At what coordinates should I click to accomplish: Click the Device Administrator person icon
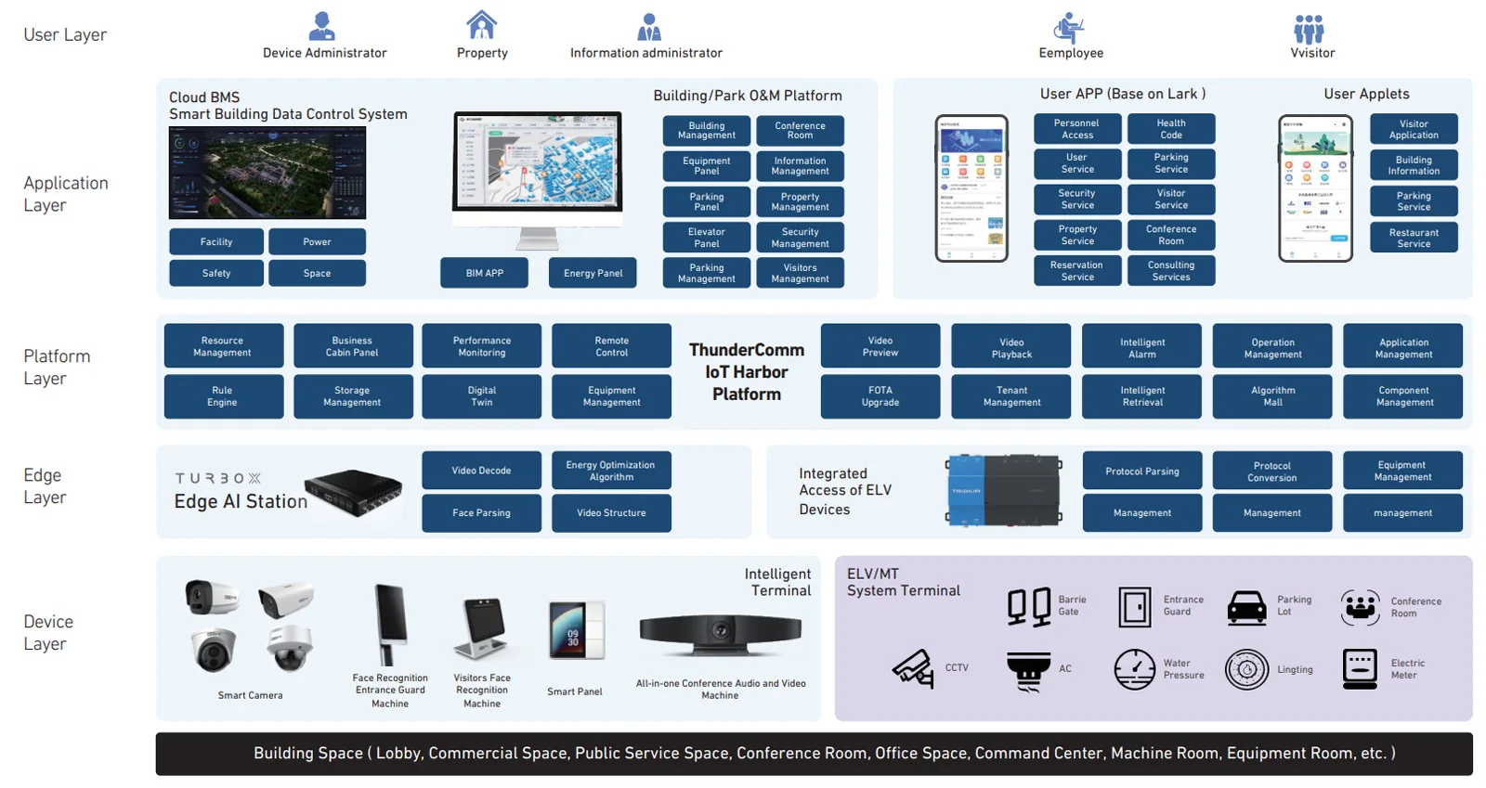point(321,26)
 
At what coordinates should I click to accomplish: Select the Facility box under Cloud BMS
point(216,241)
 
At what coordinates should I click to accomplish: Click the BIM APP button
point(484,273)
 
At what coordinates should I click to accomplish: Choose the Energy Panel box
point(593,273)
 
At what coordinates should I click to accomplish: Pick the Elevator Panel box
point(706,238)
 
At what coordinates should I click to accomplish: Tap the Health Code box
point(1170,129)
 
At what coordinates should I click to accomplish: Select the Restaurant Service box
point(1413,238)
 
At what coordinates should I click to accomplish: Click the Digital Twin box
point(481,396)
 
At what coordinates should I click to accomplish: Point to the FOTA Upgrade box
point(880,396)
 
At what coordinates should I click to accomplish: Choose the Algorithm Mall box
point(1271,396)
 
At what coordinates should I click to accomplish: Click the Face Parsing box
point(481,512)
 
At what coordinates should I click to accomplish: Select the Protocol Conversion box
point(1271,472)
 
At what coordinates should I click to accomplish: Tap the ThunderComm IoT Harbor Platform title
point(746,371)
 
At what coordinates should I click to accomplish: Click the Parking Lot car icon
point(1246,607)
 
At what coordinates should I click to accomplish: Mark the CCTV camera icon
point(914,667)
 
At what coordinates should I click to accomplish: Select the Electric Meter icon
point(1360,668)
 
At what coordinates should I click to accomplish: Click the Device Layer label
point(47,632)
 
